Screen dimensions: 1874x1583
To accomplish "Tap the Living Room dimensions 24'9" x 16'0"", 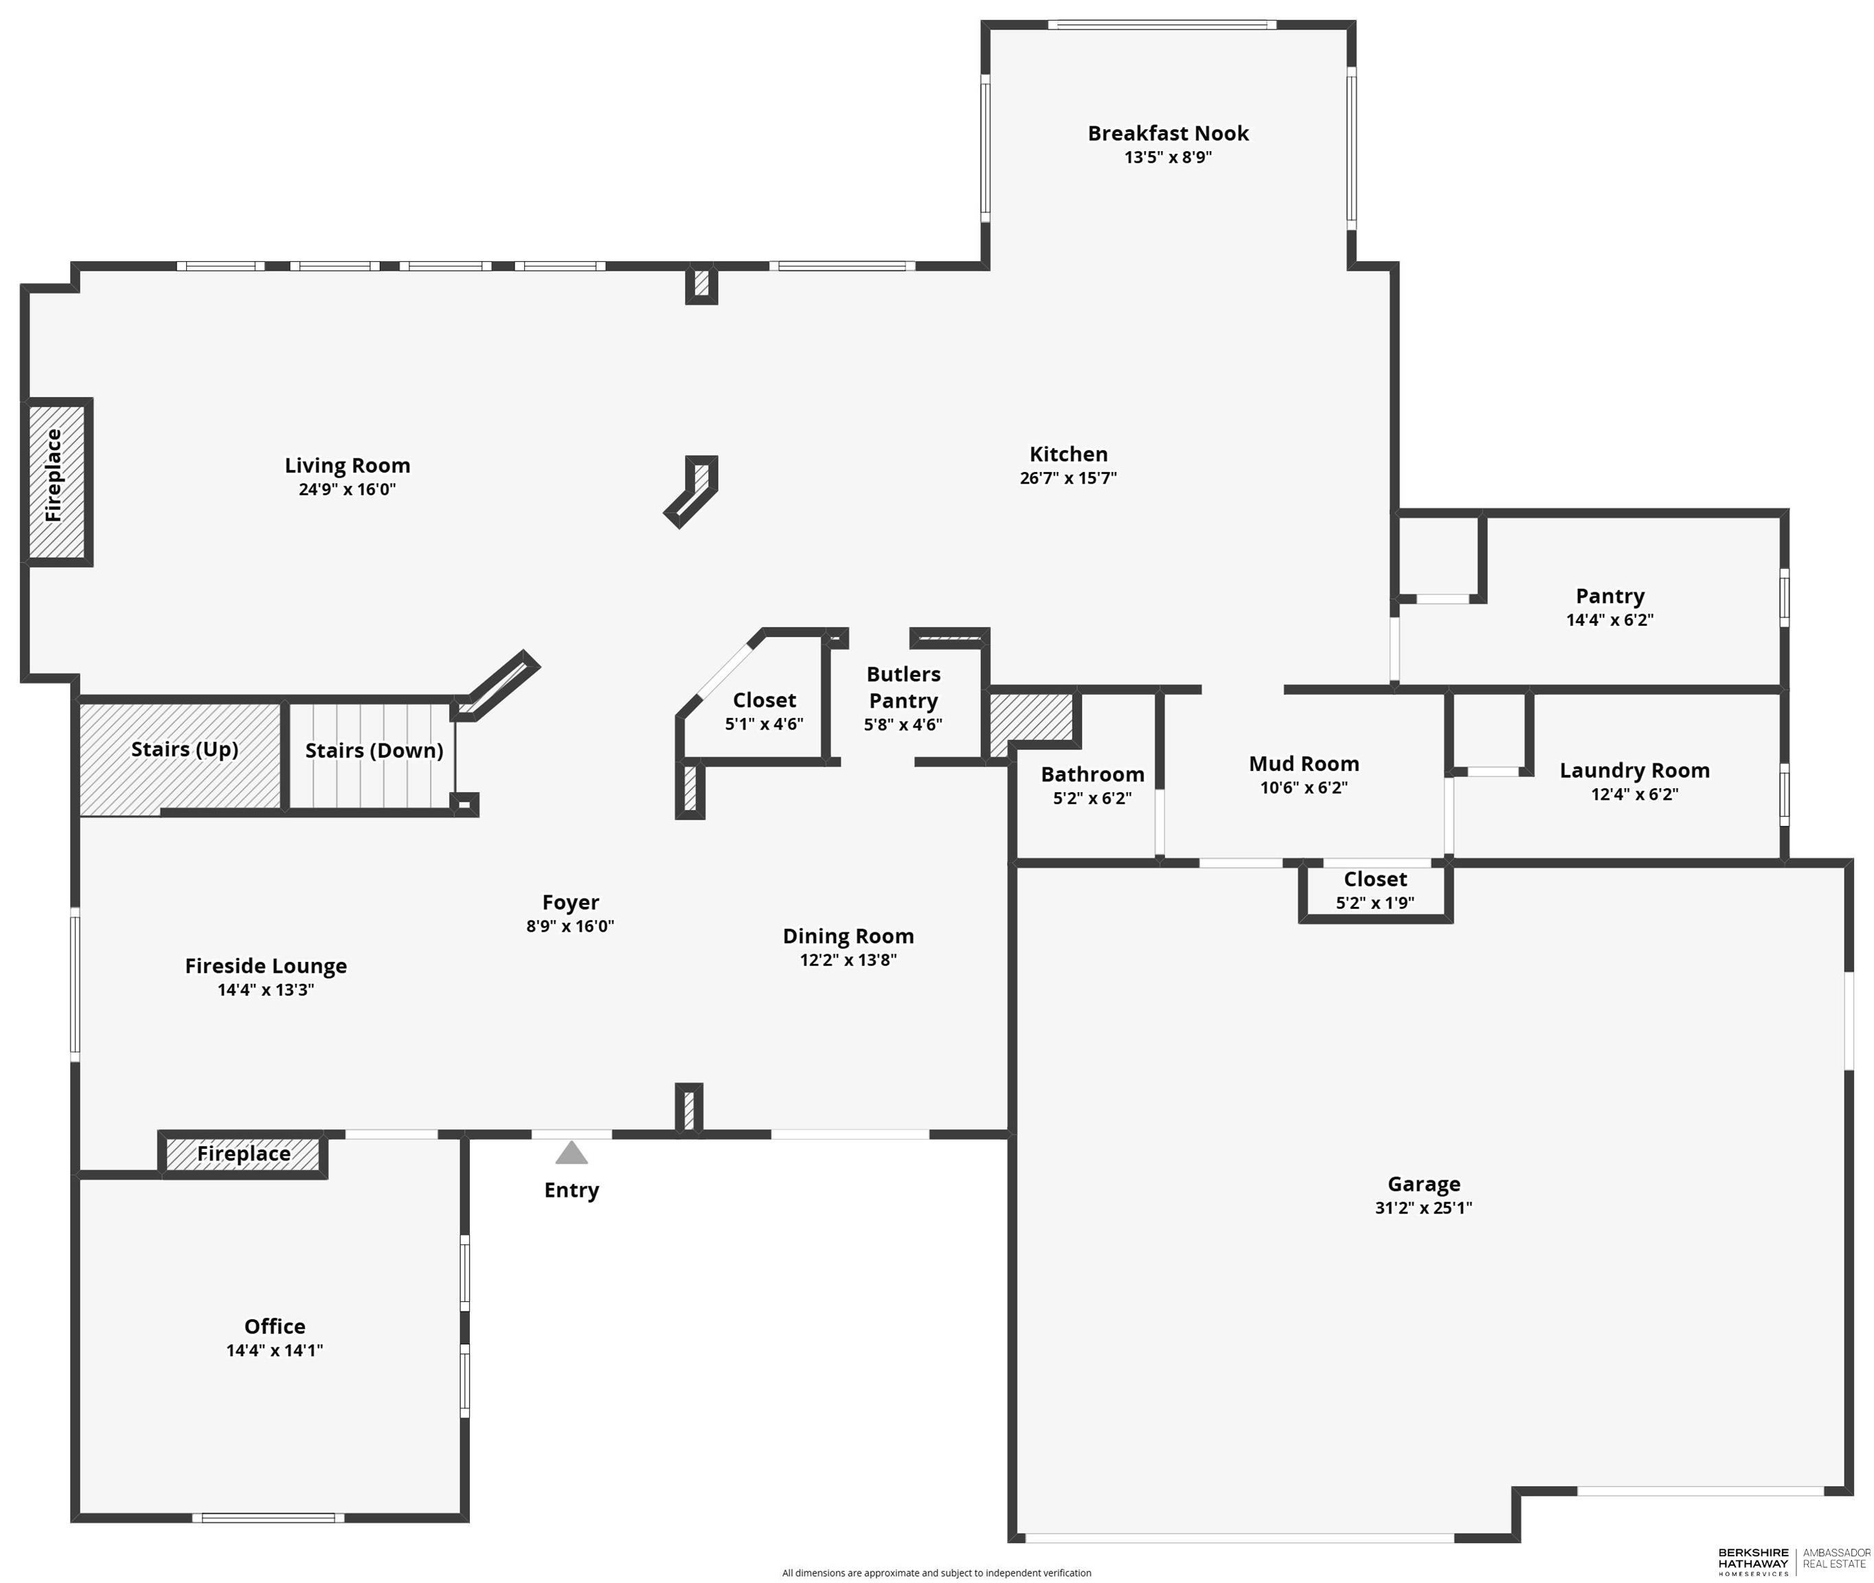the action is [x=347, y=490].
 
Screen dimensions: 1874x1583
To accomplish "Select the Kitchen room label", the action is [x=1068, y=454].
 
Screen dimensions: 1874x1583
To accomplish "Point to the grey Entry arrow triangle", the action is [x=572, y=1152].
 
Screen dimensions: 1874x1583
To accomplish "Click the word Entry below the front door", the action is [x=572, y=1191].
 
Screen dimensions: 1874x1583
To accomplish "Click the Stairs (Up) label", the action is [x=185, y=750].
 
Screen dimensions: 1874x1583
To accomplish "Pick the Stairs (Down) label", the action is [x=374, y=751].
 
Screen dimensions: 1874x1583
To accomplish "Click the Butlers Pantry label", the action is [x=903, y=687].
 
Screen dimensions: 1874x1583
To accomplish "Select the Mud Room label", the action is [x=1305, y=764].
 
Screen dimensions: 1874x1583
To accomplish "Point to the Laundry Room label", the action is [x=1634, y=771].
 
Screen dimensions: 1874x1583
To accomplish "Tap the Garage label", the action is [x=1423, y=1185].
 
